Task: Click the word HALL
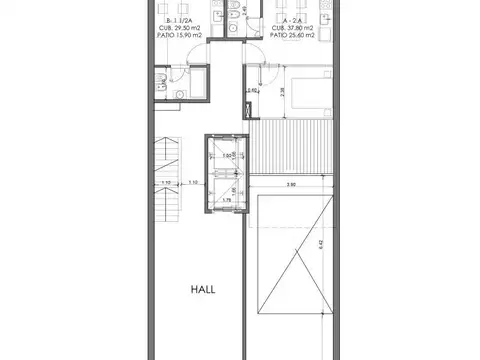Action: click(204, 290)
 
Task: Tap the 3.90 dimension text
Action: click(289, 184)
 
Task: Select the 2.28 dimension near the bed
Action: click(281, 92)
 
